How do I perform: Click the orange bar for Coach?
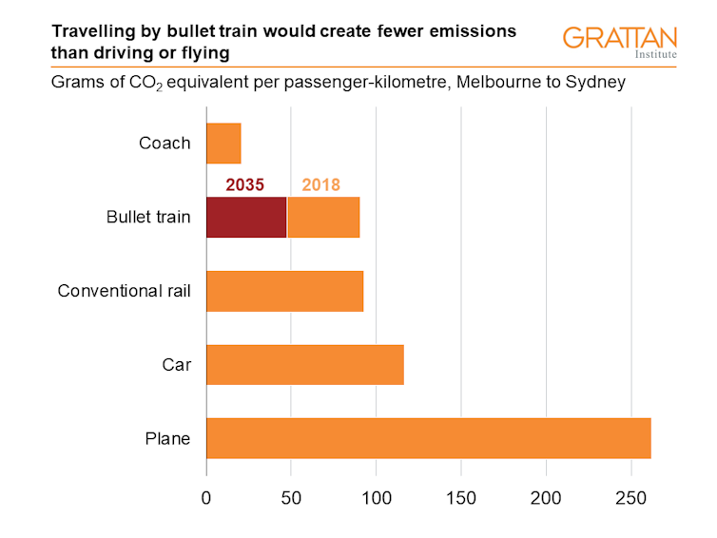[223, 144]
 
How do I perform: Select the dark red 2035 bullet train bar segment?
[246, 218]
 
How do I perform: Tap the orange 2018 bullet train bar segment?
[323, 218]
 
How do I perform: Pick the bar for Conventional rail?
[284, 291]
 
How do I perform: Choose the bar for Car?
[304, 364]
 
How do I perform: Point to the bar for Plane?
[428, 438]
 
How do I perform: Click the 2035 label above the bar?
[245, 184]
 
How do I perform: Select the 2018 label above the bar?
[320, 184]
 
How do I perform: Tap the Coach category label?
[165, 144]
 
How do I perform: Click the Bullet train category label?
[148, 218]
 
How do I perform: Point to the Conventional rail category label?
[125, 291]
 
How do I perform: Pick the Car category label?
[177, 364]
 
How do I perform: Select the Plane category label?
[168, 438]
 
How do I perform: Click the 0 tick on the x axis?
[206, 497]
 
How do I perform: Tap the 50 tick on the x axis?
[291, 497]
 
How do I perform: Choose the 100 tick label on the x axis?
[376, 497]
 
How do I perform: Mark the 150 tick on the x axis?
[461, 497]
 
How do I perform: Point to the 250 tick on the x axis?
[631, 497]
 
